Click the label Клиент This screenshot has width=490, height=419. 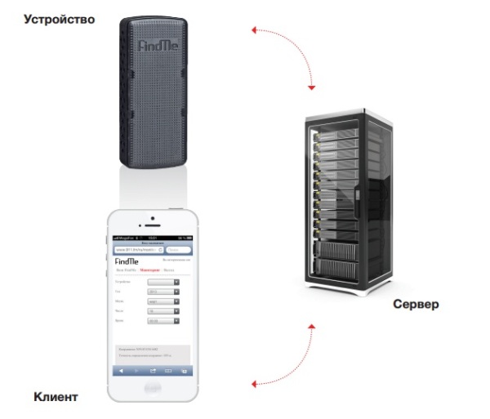point(56,397)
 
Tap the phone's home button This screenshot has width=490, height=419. point(151,390)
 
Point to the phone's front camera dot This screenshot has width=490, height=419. point(151,218)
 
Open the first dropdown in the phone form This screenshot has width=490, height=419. point(163,282)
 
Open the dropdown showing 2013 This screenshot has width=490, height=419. point(163,292)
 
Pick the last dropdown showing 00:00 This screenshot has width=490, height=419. point(163,321)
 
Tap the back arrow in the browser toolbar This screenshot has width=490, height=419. point(121,371)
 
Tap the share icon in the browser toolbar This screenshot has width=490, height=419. point(152,371)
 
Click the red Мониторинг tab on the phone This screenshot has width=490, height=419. point(150,268)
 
